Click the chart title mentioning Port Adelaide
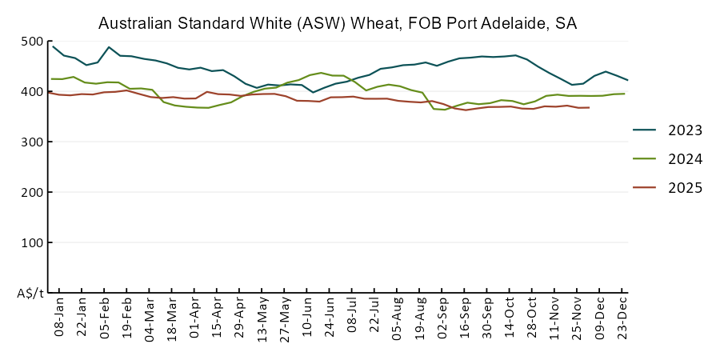click(338, 24)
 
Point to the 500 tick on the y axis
click(33, 42)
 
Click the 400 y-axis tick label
click(33, 92)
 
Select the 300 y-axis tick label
click(33, 142)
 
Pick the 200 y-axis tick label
click(33, 193)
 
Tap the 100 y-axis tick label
click(33, 243)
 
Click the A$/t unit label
click(30, 294)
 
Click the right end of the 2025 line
click(589, 107)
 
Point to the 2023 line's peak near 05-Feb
click(109, 47)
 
